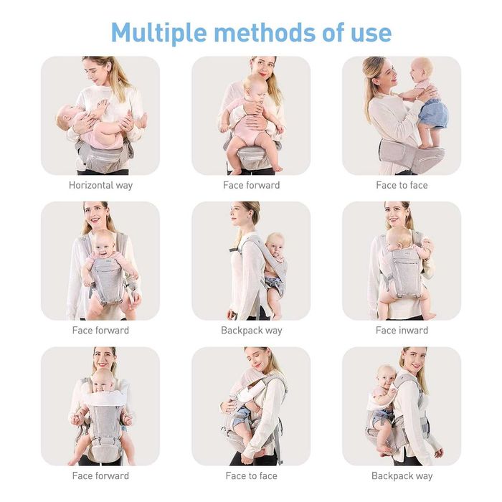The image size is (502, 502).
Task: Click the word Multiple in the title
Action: (x=158, y=33)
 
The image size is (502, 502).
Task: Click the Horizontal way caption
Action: (x=100, y=185)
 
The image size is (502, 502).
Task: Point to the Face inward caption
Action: (x=402, y=331)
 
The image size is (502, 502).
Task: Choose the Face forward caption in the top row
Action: (x=251, y=185)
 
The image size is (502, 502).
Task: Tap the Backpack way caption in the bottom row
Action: (x=402, y=476)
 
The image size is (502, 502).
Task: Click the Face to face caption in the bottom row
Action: (x=251, y=475)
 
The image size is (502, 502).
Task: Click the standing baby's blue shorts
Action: (x=432, y=113)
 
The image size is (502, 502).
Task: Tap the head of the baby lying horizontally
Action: (x=66, y=117)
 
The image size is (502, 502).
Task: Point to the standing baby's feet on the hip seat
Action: (x=430, y=146)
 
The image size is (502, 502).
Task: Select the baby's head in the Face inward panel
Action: (x=399, y=239)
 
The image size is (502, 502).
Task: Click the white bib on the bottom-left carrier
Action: (x=103, y=398)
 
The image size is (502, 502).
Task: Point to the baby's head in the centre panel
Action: (x=275, y=244)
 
